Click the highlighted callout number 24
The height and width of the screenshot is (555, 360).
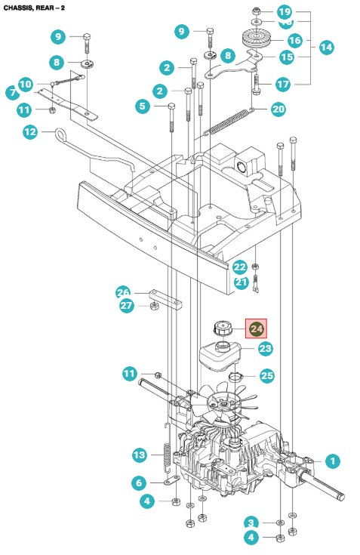point(257,328)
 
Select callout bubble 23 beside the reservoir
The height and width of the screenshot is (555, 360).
point(265,348)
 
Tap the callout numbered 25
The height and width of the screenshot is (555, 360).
point(266,375)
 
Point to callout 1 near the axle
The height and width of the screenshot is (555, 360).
point(331,460)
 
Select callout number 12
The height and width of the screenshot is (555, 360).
point(29,132)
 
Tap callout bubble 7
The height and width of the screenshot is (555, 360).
point(12,93)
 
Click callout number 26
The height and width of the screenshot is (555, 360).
point(123,292)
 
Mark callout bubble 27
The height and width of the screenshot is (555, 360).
point(127,306)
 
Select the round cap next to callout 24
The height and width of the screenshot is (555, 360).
point(223,328)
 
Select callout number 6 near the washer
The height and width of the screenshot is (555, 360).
point(139,483)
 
